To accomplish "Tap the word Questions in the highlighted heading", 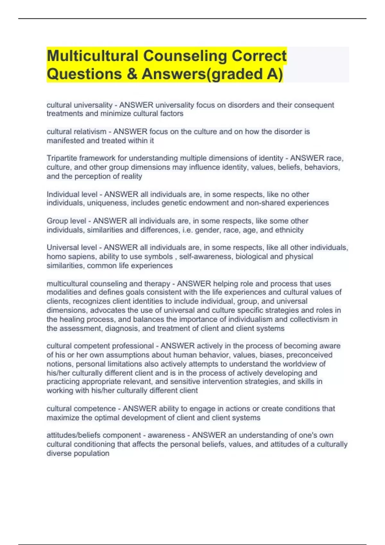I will (84, 74).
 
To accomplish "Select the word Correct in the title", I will (259, 56).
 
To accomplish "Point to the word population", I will (94, 454).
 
